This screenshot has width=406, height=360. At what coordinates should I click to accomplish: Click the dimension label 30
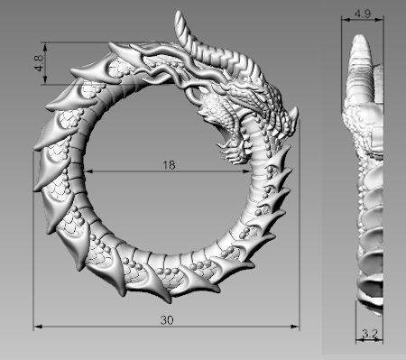pos(167,319)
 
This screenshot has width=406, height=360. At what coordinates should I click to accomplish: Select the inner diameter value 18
pos(168,165)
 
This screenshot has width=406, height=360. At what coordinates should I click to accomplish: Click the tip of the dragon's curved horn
pos(178,14)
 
